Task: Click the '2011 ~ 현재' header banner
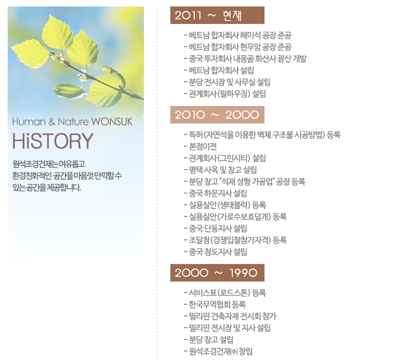pos(217,15)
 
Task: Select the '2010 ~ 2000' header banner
pos(217,115)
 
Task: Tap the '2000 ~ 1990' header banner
pos(217,273)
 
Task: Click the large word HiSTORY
pos(53,141)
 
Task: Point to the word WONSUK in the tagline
pos(112,122)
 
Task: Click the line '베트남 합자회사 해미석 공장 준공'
pos(237,35)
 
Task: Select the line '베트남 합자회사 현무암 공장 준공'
pos(237,47)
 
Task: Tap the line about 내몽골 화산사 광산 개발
pos(245,59)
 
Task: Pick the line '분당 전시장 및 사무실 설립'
pos(227,82)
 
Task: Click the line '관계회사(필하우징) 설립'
pos(225,94)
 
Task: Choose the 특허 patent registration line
pos(262,135)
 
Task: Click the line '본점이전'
pos(200,146)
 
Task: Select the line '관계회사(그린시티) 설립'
pos(225,158)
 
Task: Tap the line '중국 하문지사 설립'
pos(215,193)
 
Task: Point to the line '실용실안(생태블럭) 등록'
pos(225,205)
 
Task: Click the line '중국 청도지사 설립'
pos(215,252)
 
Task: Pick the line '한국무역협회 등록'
pos(215,304)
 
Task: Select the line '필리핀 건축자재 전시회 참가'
pos(230,316)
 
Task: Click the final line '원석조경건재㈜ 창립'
pos(218,351)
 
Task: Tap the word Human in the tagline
pos(29,122)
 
